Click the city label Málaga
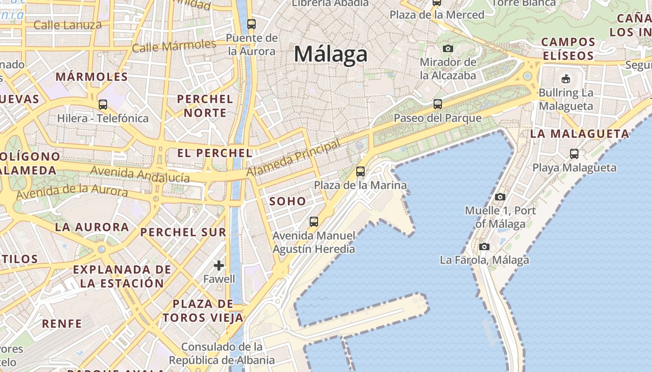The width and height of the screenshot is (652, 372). (x=331, y=54)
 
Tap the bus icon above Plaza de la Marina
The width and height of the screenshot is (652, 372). (x=360, y=172)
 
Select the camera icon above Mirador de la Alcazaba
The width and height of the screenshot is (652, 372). (x=448, y=48)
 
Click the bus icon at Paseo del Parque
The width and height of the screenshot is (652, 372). (x=437, y=104)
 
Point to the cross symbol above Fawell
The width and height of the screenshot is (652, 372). (x=219, y=266)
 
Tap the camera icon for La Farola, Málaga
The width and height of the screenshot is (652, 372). (x=484, y=246)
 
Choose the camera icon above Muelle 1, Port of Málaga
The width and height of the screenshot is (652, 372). (x=500, y=197)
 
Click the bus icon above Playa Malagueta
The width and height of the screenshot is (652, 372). (x=574, y=153)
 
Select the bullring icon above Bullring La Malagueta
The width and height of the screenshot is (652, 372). (x=566, y=79)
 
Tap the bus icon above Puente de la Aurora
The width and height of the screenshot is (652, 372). (x=251, y=24)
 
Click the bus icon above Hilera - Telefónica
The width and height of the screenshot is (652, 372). (x=103, y=104)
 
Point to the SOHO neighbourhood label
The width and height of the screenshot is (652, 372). (x=288, y=201)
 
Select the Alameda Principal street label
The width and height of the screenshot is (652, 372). (x=293, y=159)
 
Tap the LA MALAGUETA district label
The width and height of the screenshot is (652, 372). (x=580, y=134)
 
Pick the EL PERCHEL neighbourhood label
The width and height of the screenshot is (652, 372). (x=215, y=153)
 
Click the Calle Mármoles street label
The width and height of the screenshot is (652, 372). (x=174, y=46)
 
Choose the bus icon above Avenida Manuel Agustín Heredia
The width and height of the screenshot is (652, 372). (x=314, y=221)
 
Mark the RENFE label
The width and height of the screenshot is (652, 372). (x=62, y=323)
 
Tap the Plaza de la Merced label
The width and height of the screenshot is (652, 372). (x=437, y=15)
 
